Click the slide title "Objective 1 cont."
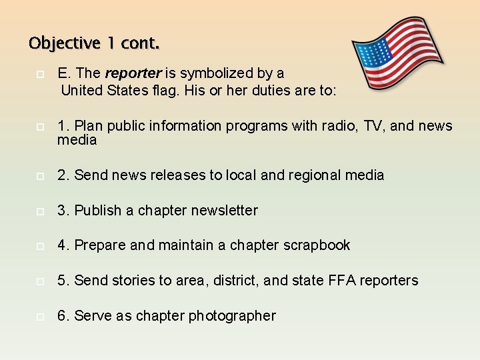[x=94, y=44]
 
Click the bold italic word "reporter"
[x=133, y=73]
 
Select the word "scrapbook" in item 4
[x=316, y=245]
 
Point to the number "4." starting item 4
[x=64, y=245]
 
